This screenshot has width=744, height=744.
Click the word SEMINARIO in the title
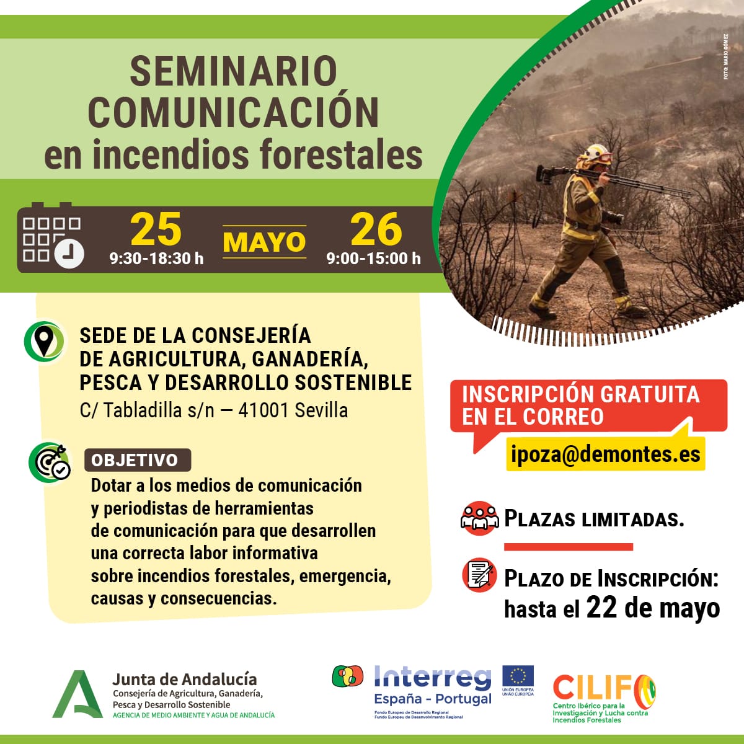[x=233, y=71]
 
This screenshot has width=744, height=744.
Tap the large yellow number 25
[x=156, y=230]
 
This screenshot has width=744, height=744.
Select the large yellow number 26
[x=376, y=230]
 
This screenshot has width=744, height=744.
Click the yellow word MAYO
[x=264, y=242]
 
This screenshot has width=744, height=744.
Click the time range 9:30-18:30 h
[x=156, y=259]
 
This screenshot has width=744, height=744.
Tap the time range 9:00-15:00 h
[x=373, y=259]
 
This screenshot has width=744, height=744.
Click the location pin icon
[x=44, y=340]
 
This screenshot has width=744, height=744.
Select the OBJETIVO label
[x=135, y=460]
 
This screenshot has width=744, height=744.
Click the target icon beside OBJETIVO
[x=49, y=462]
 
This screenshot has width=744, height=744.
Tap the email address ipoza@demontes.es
[x=606, y=454]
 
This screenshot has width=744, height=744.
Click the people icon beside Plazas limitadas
[x=479, y=518]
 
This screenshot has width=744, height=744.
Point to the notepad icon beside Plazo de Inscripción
[x=480, y=575]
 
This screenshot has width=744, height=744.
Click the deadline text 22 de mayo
[x=653, y=608]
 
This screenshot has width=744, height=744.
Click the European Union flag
[x=518, y=677]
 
